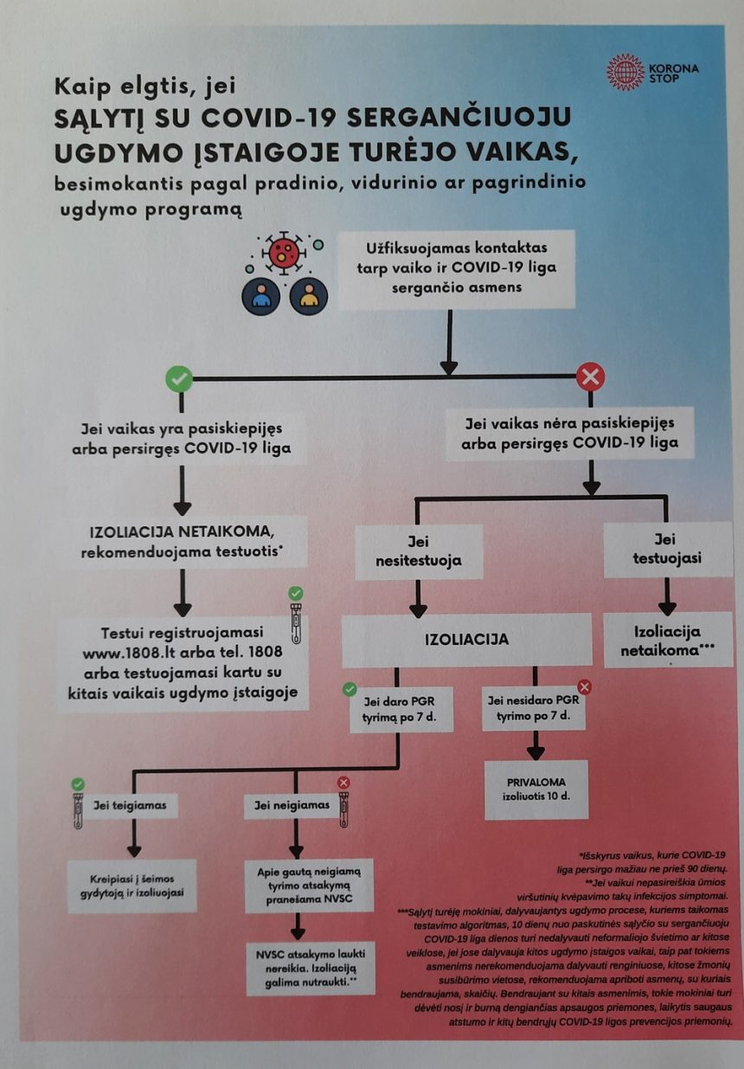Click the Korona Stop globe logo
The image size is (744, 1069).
pyautogui.click(x=625, y=73)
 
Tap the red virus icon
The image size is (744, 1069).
pyautogui.click(x=283, y=253)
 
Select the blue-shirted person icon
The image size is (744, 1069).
pyautogui.click(x=260, y=296)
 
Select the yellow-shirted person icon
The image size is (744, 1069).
pyautogui.click(x=309, y=296)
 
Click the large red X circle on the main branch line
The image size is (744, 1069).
pyautogui.click(x=590, y=377)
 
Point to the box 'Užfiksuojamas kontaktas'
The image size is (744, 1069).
pyautogui.click(x=457, y=268)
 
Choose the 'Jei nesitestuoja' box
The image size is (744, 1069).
pyautogui.click(x=419, y=551)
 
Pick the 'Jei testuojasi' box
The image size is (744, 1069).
pyautogui.click(x=667, y=550)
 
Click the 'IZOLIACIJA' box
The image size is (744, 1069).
pyautogui.click(x=467, y=640)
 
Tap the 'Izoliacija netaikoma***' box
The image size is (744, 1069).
pyautogui.click(x=668, y=640)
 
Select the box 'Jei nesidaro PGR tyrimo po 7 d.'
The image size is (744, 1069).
pyautogui.click(x=533, y=709)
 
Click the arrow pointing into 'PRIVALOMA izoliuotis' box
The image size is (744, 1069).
pyautogui.click(x=536, y=745)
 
